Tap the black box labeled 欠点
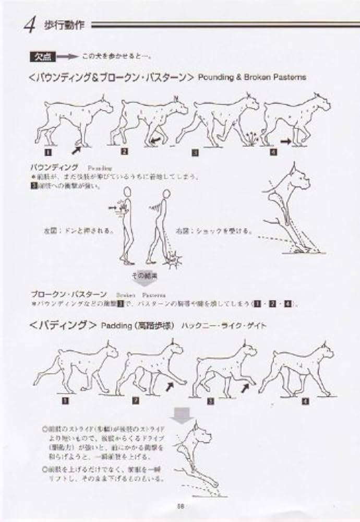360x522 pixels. pos(40,56)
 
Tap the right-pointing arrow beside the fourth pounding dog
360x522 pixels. pos(285,141)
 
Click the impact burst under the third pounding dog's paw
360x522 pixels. pos(252,138)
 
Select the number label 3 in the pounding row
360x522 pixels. pos(195,152)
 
